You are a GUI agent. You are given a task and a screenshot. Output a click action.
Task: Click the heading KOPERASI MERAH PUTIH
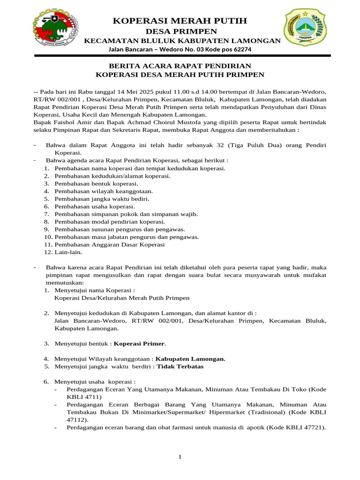180,21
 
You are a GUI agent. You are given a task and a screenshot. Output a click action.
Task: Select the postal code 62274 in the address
240,49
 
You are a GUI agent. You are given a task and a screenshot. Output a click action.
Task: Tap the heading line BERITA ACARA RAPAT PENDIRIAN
180,66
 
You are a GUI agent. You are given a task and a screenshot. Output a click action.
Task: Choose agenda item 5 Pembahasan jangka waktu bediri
102,199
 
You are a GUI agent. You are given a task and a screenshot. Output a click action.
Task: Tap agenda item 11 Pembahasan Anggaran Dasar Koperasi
110,244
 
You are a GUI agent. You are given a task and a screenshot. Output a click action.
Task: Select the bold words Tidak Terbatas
180,366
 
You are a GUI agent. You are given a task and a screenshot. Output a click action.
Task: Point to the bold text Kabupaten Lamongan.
190,359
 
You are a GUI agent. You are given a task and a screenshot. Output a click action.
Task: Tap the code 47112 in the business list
77,420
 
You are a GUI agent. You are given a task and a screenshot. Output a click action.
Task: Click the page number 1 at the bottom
180,457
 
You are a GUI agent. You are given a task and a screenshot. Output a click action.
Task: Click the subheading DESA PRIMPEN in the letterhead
180,31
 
